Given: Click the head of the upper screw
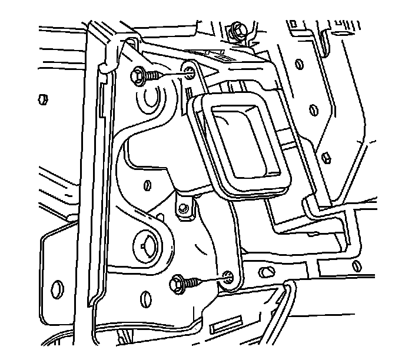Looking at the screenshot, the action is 138,75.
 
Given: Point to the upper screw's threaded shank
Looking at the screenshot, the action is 154,75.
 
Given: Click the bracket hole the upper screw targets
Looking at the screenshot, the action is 189,72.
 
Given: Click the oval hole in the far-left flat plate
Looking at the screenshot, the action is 57,288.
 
